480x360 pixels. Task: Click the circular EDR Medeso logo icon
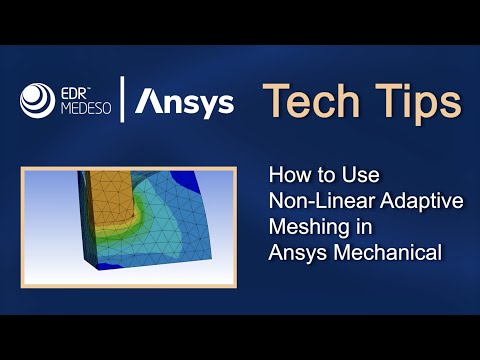point(39,100)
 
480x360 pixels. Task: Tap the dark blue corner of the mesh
point(220,181)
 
